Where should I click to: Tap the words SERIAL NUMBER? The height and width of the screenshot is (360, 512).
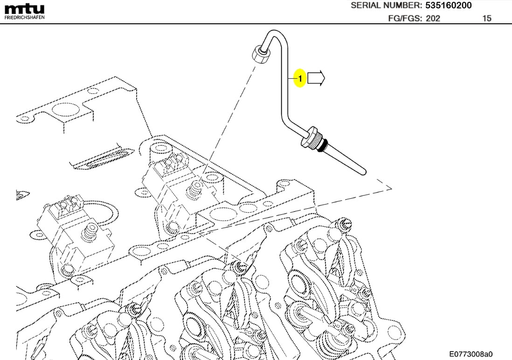386,6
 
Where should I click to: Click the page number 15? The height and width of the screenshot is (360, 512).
487,19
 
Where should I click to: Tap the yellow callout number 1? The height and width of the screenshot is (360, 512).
300,79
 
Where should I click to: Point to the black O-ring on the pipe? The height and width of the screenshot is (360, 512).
321,146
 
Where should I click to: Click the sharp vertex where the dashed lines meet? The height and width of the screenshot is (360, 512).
391,188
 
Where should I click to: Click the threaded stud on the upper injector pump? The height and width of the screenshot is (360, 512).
194,188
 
